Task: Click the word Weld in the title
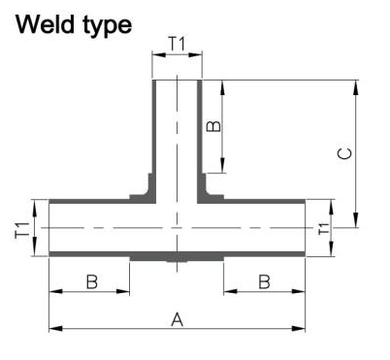(x=46, y=24)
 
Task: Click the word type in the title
(x=108, y=26)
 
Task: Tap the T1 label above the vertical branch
(x=178, y=44)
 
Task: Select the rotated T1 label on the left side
(x=22, y=229)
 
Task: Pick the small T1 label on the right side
(x=323, y=229)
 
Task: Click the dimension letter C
(x=344, y=153)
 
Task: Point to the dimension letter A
(x=178, y=320)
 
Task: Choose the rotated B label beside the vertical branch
(x=213, y=126)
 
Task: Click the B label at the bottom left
(x=92, y=281)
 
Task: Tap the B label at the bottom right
(x=264, y=281)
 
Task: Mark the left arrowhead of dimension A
(x=55, y=329)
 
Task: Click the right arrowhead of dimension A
(x=299, y=329)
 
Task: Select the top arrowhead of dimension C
(x=356, y=87)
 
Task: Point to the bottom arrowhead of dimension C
(x=356, y=220)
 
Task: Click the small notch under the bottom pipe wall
(x=177, y=261)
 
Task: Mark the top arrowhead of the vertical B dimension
(x=222, y=87)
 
